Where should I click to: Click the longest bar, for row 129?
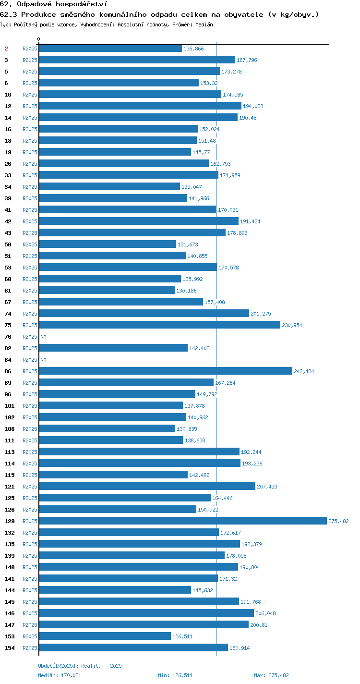(183, 521)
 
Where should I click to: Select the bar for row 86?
(166, 371)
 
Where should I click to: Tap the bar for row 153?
(105, 636)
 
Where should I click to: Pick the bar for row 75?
(159, 325)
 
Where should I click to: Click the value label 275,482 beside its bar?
(338, 521)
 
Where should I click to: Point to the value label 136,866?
(193, 49)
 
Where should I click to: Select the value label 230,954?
(292, 325)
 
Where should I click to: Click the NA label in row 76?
(43, 337)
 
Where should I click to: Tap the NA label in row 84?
(43, 360)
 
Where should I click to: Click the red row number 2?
(6, 49)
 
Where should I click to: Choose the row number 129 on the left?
(10, 521)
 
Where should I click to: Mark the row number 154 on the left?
(10, 648)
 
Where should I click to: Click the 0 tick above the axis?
(39, 39)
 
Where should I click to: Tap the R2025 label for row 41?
(30, 210)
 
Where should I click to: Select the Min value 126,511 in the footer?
(182, 675)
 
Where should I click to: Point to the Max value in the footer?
(278, 675)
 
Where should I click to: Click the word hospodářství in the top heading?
(82, 4)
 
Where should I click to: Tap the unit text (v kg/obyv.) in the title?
(293, 15)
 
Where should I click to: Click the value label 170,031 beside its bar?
(228, 210)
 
